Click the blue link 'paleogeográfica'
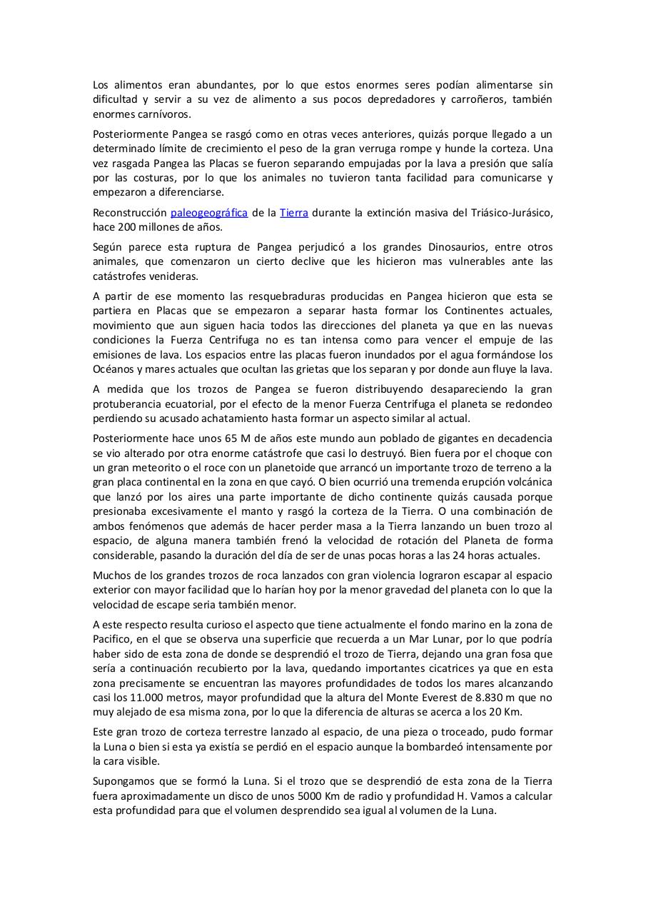[x=209, y=213]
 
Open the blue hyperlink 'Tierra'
[x=294, y=213]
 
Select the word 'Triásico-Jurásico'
[x=509, y=213]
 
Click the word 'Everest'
[x=443, y=698]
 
